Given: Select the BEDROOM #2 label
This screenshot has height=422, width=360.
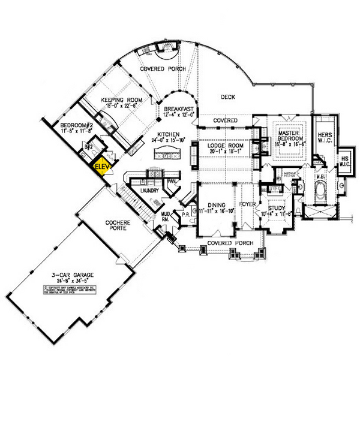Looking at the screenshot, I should point(76,124).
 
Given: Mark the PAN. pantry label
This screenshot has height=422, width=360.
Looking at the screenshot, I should point(172,180).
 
